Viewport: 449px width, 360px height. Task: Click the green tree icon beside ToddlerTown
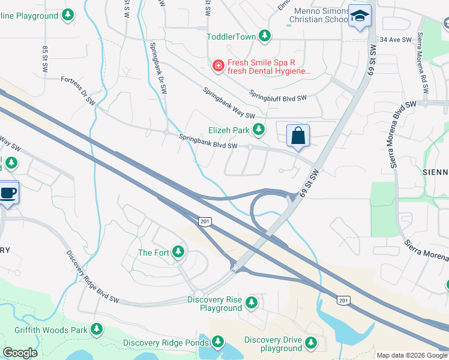point(265,37)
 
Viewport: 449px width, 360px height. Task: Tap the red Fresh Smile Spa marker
point(218,64)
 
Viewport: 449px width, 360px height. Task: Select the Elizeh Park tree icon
point(258,130)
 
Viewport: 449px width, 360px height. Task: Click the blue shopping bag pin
point(298,137)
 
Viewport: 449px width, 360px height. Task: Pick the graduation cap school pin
point(360,17)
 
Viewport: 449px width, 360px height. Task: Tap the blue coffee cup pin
point(8,193)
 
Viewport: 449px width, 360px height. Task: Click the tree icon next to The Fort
point(178,253)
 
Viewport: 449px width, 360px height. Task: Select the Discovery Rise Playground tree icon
point(252,302)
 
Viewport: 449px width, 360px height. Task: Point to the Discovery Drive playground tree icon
point(311,343)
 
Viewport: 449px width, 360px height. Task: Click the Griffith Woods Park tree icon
point(97,329)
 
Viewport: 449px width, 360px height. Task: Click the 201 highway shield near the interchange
point(205,222)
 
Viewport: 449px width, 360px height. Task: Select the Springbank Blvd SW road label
point(208,142)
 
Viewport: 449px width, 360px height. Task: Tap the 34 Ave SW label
point(395,40)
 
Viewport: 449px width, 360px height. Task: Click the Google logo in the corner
point(20,353)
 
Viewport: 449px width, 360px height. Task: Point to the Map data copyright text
point(412,355)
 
